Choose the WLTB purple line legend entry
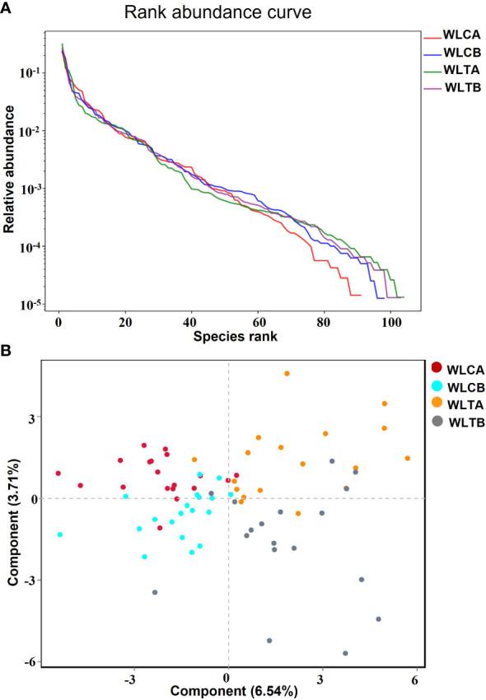[461, 88]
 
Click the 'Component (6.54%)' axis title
[227, 692]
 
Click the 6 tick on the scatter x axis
[415, 678]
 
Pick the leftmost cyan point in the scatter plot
[59, 534]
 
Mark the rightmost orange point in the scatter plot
[408, 458]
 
